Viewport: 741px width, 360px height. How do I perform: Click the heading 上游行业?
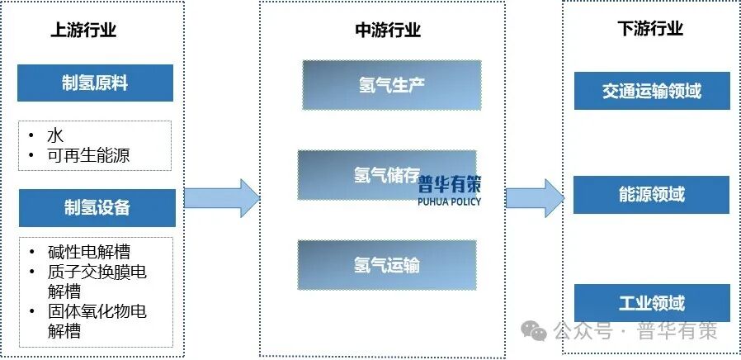83,31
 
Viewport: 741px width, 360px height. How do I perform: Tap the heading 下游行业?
650,30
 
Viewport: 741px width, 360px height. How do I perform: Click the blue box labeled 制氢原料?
96,83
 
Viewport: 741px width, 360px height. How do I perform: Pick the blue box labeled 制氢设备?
97,207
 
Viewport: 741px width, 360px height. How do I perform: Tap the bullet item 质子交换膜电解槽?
97,282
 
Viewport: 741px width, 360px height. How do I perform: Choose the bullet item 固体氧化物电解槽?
97,321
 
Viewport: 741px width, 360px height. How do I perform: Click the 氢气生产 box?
391,84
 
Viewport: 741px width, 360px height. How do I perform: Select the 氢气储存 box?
386,175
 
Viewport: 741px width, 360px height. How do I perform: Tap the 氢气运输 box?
386,265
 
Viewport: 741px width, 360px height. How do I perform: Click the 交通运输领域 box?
651,91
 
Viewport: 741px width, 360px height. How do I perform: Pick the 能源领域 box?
651,195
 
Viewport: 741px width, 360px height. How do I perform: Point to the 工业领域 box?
651,303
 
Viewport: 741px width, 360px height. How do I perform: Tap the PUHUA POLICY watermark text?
449,201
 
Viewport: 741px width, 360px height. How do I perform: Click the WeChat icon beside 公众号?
539,332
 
